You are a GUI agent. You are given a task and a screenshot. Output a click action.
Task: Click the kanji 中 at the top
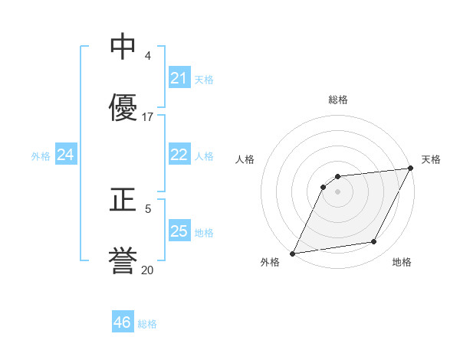coord(123,47)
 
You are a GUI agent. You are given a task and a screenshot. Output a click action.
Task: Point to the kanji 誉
coord(123,260)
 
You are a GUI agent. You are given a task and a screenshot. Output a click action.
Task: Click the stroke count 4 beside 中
coord(148,56)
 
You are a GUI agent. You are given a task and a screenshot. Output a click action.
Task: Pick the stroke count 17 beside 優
coord(148,117)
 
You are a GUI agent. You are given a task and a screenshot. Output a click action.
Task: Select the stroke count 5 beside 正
coord(148,208)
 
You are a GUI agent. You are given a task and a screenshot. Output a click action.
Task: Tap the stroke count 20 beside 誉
coord(148,270)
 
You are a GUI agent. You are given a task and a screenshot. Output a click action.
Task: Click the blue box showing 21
coord(179,78)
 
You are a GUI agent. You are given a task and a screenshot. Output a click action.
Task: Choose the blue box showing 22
coord(179,155)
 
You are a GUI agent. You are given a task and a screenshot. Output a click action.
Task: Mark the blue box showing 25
coord(179,231)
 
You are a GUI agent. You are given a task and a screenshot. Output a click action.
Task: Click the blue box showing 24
coord(65,155)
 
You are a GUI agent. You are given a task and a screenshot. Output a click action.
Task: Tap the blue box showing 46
coord(122,322)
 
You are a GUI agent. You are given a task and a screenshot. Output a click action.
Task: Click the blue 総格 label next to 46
coord(147,324)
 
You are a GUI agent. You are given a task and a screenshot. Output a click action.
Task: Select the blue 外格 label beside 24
coord(41,156)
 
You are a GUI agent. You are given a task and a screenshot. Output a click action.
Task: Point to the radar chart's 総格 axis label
coord(338,100)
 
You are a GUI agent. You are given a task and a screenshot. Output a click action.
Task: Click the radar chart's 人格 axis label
coord(245,159)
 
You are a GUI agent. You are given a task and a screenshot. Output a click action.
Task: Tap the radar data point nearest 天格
coord(411,169)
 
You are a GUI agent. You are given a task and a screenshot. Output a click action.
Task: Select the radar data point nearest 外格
coord(292,253)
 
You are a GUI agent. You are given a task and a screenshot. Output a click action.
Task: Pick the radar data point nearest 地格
coord(374,242)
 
